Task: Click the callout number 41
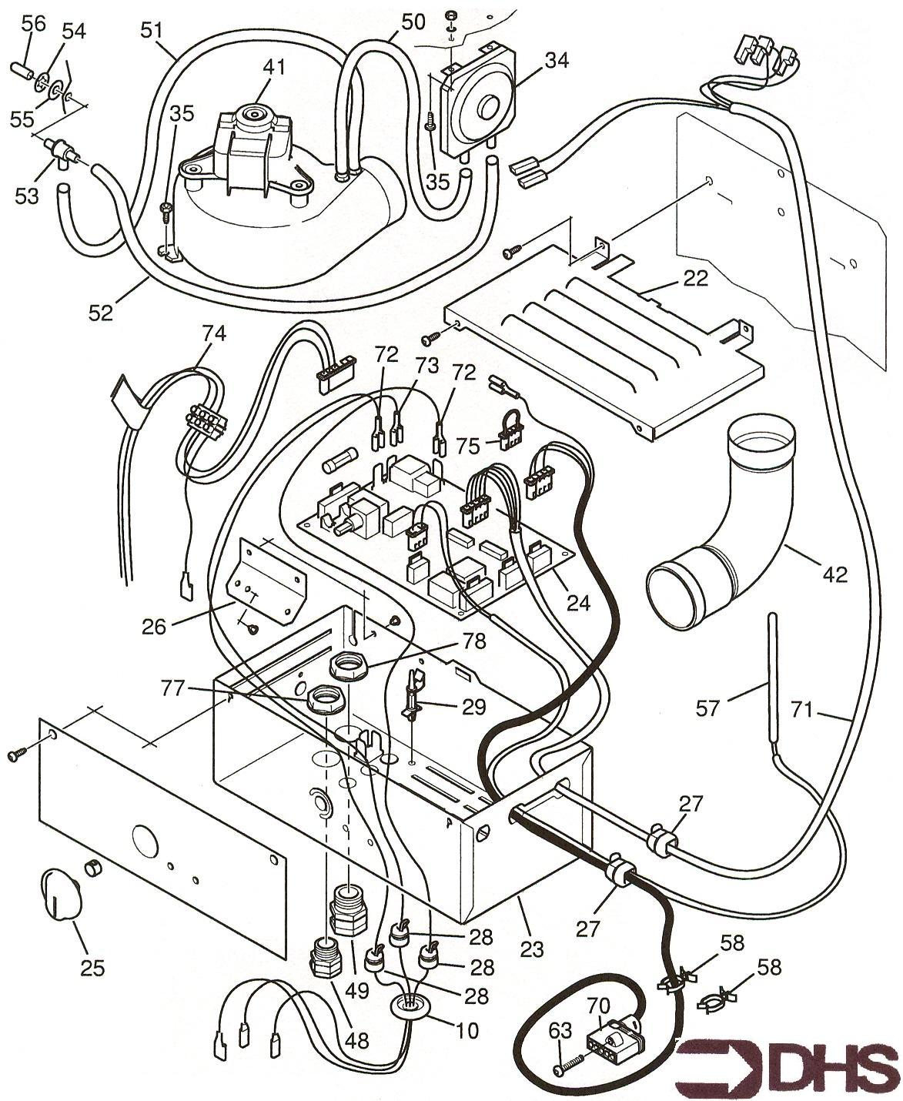pos(273,66)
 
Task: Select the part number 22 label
pos(695,279)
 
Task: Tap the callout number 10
pos(466,1029)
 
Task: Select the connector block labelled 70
pos(612,1041)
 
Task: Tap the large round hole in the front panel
pos(144,839)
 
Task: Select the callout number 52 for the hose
pos(100,312)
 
